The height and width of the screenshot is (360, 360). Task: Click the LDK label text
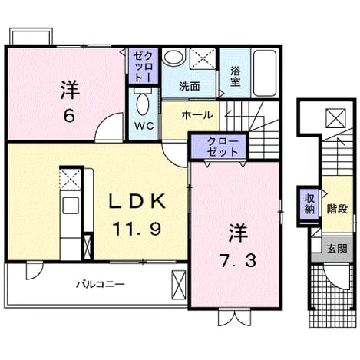[x=137, y=201]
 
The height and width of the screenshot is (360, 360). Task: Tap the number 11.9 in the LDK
[x=137, y=229]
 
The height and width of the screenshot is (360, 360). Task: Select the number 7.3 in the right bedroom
[x=238, y=261]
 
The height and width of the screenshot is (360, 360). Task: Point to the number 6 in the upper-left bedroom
[x=69, y=117]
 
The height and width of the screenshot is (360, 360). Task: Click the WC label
[x=144, y=126]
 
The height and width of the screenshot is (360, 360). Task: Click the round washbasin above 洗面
[x=174, y=57]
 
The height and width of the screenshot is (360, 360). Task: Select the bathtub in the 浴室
[x=264, y=73]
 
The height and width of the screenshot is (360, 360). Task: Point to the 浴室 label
[x=235, y=77]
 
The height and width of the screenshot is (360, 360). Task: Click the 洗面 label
[x=190, y=87]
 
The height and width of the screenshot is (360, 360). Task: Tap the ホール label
[x=197, y=115]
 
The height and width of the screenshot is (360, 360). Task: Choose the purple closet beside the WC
[x=144, y=66]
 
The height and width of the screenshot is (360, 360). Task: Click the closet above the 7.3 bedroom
[x=218, y=147]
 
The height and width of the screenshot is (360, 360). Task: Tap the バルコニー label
[x=101, y=284]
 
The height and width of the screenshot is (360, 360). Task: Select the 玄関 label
[x=338, y=249]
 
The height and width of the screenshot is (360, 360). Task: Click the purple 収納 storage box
[x=309, y=204]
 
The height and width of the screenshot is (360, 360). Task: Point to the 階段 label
[x=337, y=209]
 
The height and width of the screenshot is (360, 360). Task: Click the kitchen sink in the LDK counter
[x=71, y=206]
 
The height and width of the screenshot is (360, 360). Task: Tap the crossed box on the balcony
[x=179, y=284]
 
